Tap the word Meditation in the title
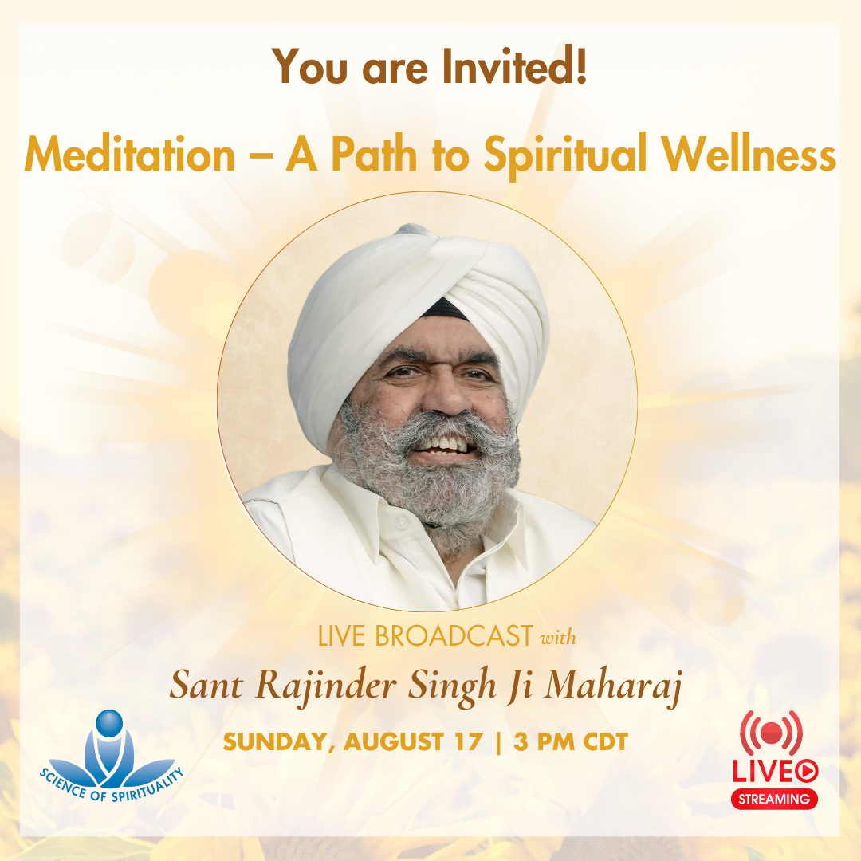pyautogui.click(x=130, y=155)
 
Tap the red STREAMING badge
pyautogui.click(x=775, y=798)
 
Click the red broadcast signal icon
pyautogui.click(x=771, y=732)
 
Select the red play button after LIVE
pyautogui.click(x=807, y=770)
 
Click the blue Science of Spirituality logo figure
pyautogui.click(x=109, y=749)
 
